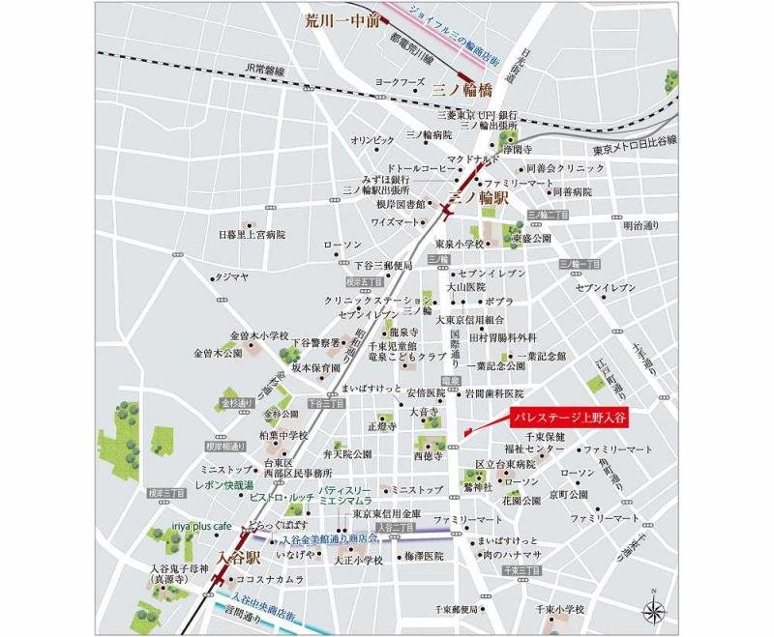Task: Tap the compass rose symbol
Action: (x=654, y=608)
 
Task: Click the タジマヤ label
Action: (x=231, y=276)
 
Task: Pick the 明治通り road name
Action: (x=640, y=226)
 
